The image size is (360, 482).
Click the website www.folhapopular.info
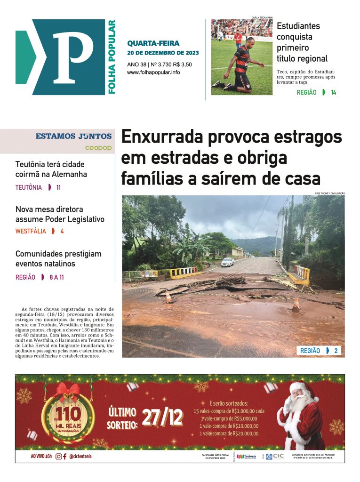[153, 72]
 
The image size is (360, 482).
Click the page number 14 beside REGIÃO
[333, 93]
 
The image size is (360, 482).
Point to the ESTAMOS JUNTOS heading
[73, 137]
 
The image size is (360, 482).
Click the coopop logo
[98, 148]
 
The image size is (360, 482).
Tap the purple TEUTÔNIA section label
[29, 187]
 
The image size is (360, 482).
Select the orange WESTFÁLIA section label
[31, 231]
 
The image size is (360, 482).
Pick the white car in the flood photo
[227, 262]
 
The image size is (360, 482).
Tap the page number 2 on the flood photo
[336, 351]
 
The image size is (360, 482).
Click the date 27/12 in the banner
[162, 417]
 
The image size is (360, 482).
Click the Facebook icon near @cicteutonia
[64, 456]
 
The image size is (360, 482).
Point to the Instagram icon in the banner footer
[58, 456]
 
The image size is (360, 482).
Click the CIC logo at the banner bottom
[275, 456]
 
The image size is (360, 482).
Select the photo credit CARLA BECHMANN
[262, 17]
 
